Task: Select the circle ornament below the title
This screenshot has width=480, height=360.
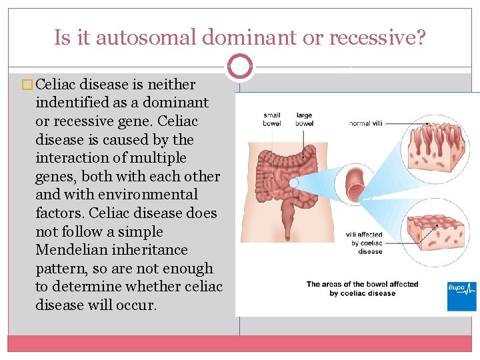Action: [x=240, y=66]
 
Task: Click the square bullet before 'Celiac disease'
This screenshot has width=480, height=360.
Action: [x=28, y=85]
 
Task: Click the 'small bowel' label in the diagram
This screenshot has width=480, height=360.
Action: [x=271, y=119]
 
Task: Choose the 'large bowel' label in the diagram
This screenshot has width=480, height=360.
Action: [x=304, y=119]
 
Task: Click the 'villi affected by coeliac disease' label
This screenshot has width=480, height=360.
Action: [x=364, y=243]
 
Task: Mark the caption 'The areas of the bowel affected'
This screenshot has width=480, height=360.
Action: [x=362, y=284]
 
